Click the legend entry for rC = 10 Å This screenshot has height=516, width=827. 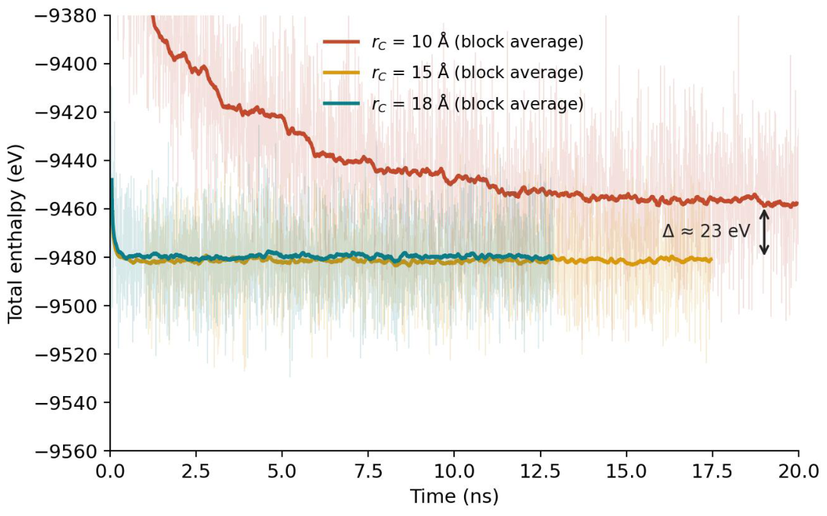point(453,42)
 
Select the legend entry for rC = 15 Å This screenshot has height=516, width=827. point(453,73)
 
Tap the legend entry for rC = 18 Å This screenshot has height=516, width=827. point(453,104)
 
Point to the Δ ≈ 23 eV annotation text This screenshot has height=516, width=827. point(706,231)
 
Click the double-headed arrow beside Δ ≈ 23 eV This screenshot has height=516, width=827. point(764,232)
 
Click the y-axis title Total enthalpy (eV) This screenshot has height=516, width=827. point(16,234)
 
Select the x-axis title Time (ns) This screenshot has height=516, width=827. point(454,496)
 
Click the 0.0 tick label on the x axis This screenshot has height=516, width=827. point(110,470)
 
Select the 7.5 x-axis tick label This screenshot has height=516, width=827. point(368,470)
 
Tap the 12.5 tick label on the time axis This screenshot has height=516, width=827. point(540,470)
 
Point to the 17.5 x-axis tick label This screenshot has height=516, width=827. point(712,470)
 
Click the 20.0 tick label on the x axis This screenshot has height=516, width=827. point(798,470)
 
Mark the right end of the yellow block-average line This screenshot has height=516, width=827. point(712,260)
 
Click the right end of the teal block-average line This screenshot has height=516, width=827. point(552,257)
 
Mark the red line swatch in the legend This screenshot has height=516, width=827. point(341,42)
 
